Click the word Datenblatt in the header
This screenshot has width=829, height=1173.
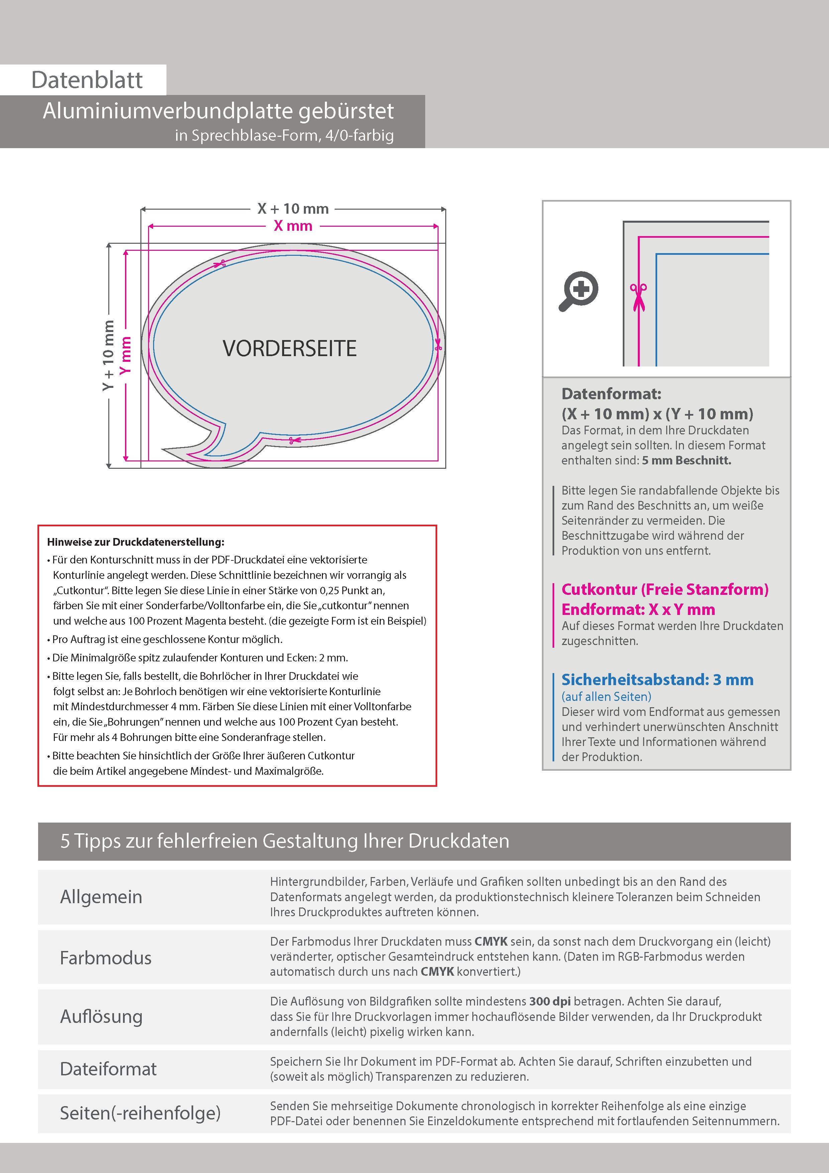tap(87, 80)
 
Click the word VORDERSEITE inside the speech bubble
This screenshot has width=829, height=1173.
tap(289, 348)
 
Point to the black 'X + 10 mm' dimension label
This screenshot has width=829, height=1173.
tap(293, 209)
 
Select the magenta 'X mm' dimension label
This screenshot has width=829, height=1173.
tap(293, 226)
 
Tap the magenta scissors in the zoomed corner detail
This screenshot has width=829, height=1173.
tap(638, 296)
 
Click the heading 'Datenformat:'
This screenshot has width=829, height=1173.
tap(611, 394)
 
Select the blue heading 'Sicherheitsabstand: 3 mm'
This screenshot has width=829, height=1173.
tap(658, 680)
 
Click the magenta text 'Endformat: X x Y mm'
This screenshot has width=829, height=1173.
tap(638, 610)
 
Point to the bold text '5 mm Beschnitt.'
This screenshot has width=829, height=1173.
tap(687, 460)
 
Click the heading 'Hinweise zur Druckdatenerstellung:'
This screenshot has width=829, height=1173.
tap(135, 542)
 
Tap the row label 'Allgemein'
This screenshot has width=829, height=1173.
tap(101, 896)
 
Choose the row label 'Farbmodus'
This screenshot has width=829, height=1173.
tap(106, 957)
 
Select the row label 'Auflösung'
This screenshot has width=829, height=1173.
tap(101, 1016)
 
